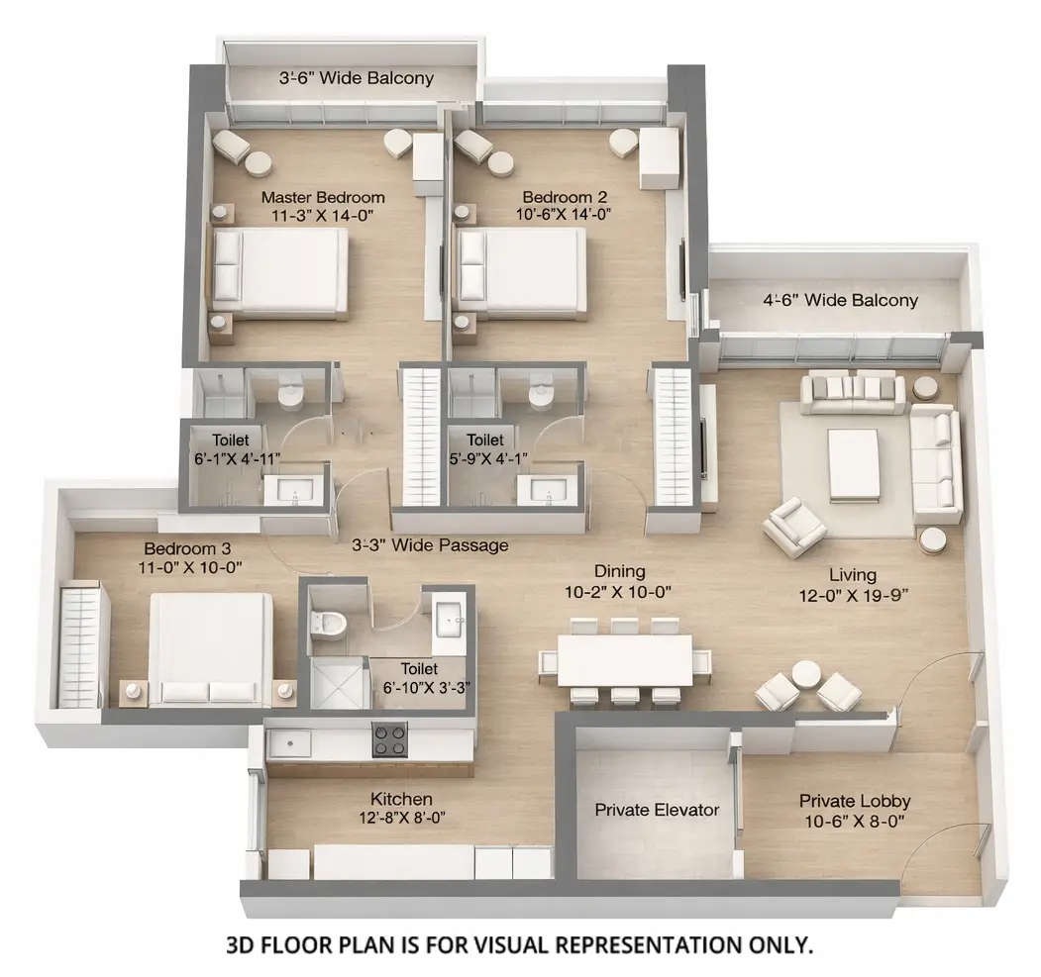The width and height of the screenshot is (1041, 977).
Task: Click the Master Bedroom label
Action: [322, 197]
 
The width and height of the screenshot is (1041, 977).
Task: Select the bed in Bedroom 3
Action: [210, 648]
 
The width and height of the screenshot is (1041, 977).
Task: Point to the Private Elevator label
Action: [657, 810]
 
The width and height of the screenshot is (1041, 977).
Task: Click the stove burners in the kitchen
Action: [390, 738]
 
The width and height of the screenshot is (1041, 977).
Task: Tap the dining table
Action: [624, 659]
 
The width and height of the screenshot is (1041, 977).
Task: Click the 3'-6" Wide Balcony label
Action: [356, 78]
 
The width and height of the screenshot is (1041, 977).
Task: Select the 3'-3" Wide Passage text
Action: [430, 544]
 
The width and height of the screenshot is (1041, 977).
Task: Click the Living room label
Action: [852, 574]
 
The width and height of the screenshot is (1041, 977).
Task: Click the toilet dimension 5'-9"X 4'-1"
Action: [485, 457]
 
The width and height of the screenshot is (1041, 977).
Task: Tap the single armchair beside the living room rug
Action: [794, 528]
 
